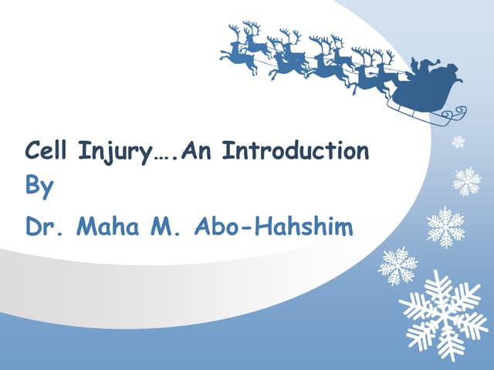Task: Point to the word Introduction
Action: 296,151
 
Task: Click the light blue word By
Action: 39,187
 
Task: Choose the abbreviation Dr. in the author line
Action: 42,227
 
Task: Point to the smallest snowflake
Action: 458,142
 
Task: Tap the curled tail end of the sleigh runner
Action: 458,113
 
